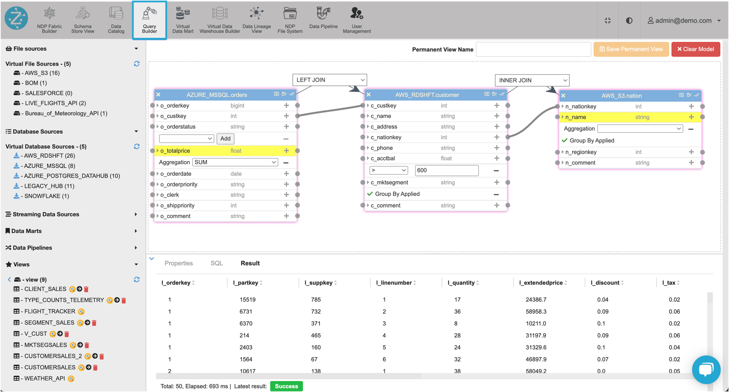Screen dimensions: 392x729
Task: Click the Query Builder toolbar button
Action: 149,20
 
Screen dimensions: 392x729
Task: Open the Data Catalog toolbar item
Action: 116,20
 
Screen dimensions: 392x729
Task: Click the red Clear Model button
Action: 695,49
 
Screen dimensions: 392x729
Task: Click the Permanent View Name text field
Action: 533,50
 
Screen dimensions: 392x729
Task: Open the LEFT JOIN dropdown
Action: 330,80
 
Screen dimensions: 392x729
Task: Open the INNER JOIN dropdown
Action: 532,80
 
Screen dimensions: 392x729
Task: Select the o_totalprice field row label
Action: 175,151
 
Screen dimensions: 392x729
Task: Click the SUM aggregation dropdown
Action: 235,162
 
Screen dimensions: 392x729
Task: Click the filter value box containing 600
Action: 446,170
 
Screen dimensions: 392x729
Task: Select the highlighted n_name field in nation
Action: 576,117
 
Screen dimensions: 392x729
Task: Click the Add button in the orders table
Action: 225,139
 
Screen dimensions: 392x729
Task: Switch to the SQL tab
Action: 217,263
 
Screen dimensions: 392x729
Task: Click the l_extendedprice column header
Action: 541,283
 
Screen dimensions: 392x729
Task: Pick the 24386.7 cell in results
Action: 536,300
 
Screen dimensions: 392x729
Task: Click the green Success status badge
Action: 286,386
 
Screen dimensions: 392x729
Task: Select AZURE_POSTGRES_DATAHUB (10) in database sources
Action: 72,176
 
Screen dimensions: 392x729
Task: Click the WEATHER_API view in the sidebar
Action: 45,379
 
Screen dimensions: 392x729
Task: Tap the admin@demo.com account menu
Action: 683,21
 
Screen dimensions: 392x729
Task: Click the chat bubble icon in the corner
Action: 706,370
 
